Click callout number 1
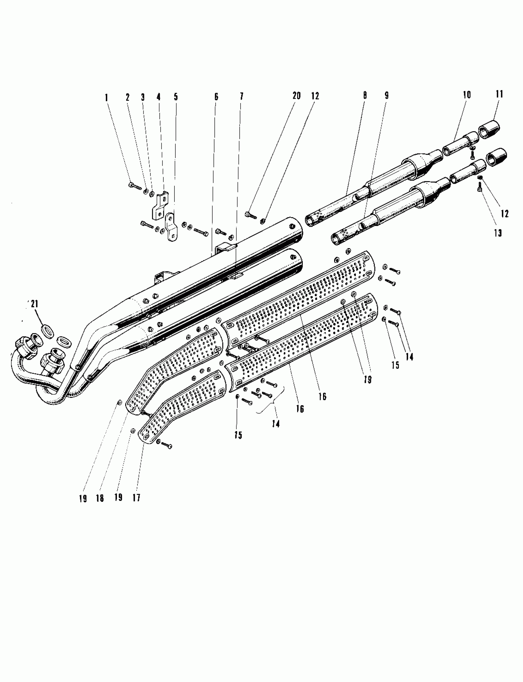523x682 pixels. (106, 98)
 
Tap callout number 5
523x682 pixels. (176, 97)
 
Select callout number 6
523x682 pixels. (216, 97)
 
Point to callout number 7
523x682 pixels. (242, 97)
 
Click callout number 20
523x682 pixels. (296, 96)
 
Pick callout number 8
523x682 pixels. (365, 95)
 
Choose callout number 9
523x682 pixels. (387, 96)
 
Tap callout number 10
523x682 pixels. (467, 95)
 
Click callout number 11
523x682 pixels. (499, 94)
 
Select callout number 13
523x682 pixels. (498, 233)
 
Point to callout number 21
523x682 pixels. (34, 304)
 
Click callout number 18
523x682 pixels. (100, 498)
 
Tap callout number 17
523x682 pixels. (136, 498)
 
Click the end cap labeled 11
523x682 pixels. (489, 128)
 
